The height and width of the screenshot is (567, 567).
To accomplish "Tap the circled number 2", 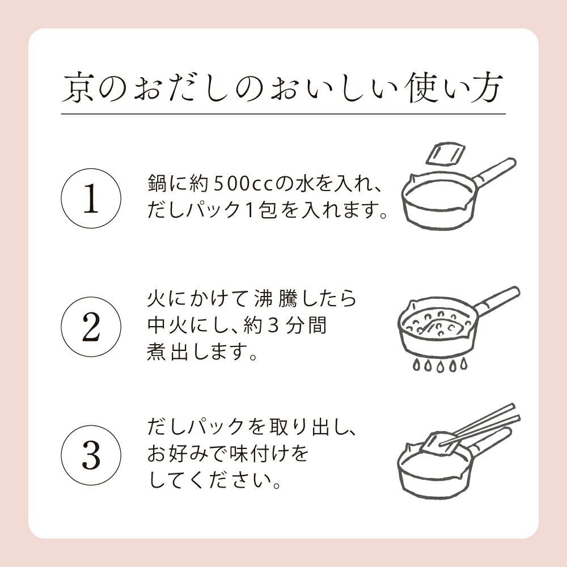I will coord(91,328).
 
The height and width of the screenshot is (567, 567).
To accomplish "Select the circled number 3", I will coord(91,454).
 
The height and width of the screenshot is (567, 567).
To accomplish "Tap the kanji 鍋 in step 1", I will coord(156,185).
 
